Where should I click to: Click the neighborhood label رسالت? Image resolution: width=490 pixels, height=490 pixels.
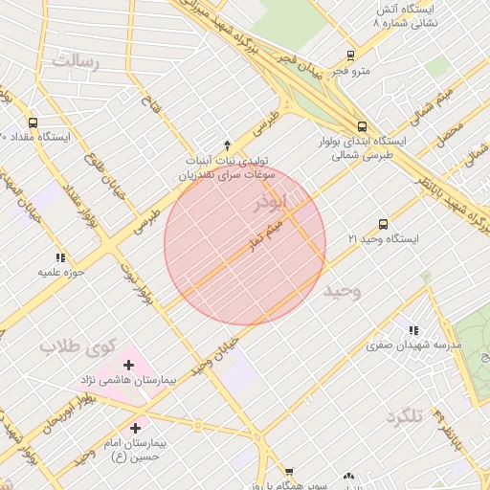(76, 61)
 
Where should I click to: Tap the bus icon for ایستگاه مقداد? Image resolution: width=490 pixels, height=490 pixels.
(33, 122)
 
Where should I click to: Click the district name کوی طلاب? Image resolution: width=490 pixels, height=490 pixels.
(78, 345)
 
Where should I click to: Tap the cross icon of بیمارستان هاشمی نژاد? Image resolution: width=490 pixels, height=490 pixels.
(129, 365)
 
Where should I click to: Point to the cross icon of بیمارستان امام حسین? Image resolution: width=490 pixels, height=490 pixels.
(135, 428)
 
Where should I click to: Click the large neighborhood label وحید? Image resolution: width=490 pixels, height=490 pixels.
(342, 290)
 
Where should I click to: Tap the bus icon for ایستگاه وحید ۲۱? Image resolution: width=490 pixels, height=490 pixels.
(383, 224)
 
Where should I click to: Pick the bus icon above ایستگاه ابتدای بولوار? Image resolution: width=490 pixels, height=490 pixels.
(362, 125)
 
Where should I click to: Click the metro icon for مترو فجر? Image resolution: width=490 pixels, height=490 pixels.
(350, 56)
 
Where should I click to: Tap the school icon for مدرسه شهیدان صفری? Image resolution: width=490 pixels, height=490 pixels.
(413, 329)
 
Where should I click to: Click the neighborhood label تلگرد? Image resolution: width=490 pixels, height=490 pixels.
(404, 417)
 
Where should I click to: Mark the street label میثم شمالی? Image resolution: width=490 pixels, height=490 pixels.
(430, 107)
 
